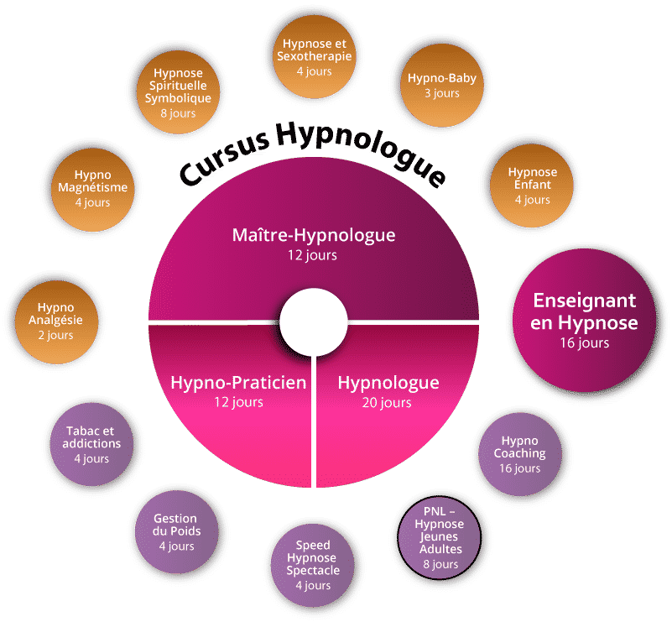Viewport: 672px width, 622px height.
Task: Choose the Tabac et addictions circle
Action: (x=92, y=444)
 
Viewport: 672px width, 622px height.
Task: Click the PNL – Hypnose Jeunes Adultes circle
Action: (x=440, y=531)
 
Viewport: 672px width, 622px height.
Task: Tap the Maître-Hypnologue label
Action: (x=313, y=234)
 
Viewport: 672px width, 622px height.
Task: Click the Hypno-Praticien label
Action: (x=238, y=384)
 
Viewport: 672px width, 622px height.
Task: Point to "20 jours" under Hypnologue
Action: (x=388, y=403)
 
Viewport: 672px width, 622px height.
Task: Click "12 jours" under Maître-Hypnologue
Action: (x=313, y=254)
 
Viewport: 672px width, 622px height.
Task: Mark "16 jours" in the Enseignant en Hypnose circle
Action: (x=586, y=342)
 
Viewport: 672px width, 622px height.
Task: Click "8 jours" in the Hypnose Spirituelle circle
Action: (x=177, y=113)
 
